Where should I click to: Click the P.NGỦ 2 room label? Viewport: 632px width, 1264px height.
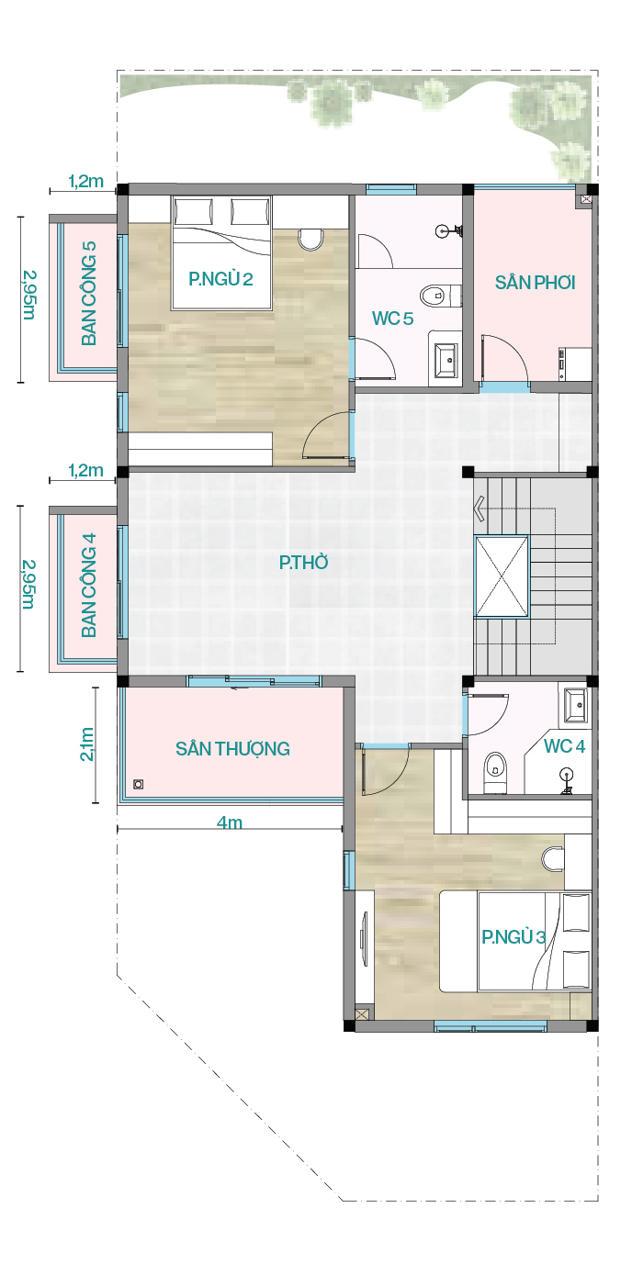[220, 279]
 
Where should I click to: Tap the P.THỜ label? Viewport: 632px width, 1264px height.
[303, 563]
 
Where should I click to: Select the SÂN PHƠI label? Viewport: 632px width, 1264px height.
[535, 282]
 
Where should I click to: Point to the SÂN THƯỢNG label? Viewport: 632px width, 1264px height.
[232, 749]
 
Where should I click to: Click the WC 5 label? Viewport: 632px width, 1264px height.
[392, 319]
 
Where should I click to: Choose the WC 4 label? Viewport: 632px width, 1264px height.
[564, 746]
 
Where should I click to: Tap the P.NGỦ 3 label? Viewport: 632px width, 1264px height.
[513, 936]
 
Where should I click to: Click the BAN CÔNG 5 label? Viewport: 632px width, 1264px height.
[89, 294]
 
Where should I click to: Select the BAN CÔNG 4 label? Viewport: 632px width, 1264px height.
[89, 586]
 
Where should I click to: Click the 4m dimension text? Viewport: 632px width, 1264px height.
[230, 822]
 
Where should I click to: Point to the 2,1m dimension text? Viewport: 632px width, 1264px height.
[86, 744]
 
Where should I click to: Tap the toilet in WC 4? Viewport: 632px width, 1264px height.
[496, 771]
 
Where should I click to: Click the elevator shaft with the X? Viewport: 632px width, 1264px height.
[502, 576]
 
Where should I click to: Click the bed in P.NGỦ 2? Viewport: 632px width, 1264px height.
[222, 252]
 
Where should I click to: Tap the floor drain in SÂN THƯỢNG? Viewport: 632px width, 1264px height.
[139, 784]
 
